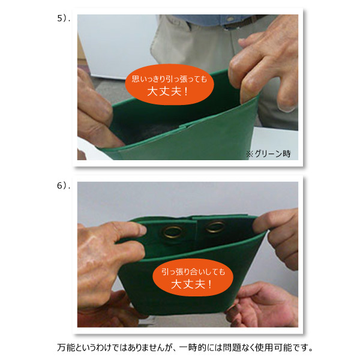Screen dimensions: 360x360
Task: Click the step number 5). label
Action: pos(64,19)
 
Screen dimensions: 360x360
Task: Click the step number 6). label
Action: pos(64,185)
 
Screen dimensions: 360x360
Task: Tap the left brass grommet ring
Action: pos(172,232)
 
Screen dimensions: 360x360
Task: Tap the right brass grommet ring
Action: pos(215,227)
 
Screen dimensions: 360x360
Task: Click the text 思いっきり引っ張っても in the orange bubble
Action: pos(169,79)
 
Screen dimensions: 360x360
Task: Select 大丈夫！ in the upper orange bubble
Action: pos(167,91)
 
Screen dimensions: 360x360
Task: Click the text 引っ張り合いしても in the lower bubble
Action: pos(193,272)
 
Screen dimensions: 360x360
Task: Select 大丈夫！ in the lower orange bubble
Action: pos(192,284)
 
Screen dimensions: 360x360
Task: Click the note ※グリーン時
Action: pos(268,154)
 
